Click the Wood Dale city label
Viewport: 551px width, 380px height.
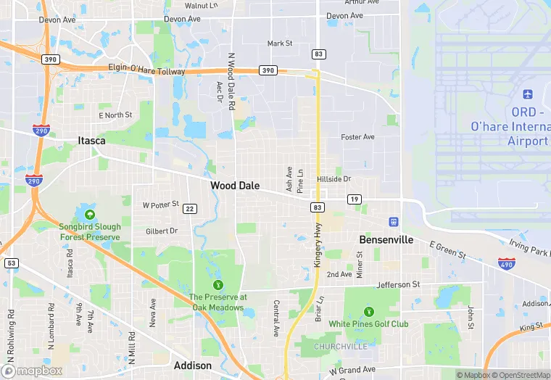(235, 186)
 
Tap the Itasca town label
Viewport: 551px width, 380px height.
(92, 141)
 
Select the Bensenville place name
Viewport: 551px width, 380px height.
(386, 239)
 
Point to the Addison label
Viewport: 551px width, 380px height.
(193, 365)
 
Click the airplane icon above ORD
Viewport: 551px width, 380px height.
(527, 95)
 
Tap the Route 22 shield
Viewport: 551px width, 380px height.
(190, 209)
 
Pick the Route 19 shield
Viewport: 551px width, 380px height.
(355, 199)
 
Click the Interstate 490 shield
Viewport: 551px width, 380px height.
(507, 263)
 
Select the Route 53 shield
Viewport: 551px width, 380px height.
(11, 263)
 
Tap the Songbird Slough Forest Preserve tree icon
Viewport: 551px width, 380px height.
(89, 215)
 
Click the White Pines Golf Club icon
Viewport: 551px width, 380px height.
(368, 311)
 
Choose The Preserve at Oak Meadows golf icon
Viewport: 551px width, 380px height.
(217, 284)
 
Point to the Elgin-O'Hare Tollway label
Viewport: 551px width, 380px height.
(148, 72)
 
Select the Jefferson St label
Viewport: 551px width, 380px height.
(397, 285)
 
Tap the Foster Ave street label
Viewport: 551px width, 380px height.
(357, 136)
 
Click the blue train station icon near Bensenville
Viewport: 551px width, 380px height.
(394, 221)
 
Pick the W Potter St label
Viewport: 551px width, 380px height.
(161, 205)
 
